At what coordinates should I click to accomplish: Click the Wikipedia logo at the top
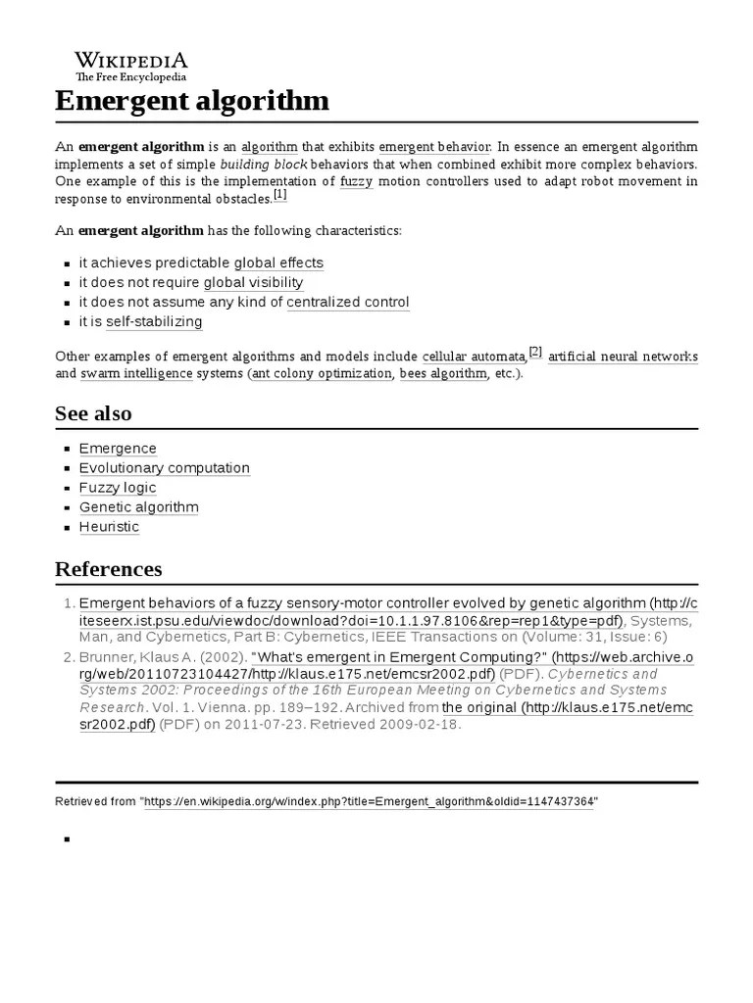point(131,65)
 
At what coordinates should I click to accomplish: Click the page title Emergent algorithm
point(192,101)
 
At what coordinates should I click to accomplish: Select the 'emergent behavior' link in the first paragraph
point(434,146)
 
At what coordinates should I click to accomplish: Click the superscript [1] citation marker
point(279,195)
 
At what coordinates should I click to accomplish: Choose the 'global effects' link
point(278,263)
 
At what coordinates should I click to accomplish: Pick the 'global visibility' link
point(253,282)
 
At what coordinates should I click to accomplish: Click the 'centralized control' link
point(347,302)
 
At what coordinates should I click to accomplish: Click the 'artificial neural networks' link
point(623,356)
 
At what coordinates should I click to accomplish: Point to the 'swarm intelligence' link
point(136,373)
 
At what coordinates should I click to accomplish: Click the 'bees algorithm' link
point(442,373)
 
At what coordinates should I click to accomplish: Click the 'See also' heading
point(93,413)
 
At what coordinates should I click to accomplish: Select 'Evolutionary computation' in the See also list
point(164,467)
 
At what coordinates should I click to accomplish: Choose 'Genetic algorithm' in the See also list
point(138,506)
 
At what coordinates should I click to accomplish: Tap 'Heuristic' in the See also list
point(109,526)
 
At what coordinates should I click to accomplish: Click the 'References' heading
point(108,569)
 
